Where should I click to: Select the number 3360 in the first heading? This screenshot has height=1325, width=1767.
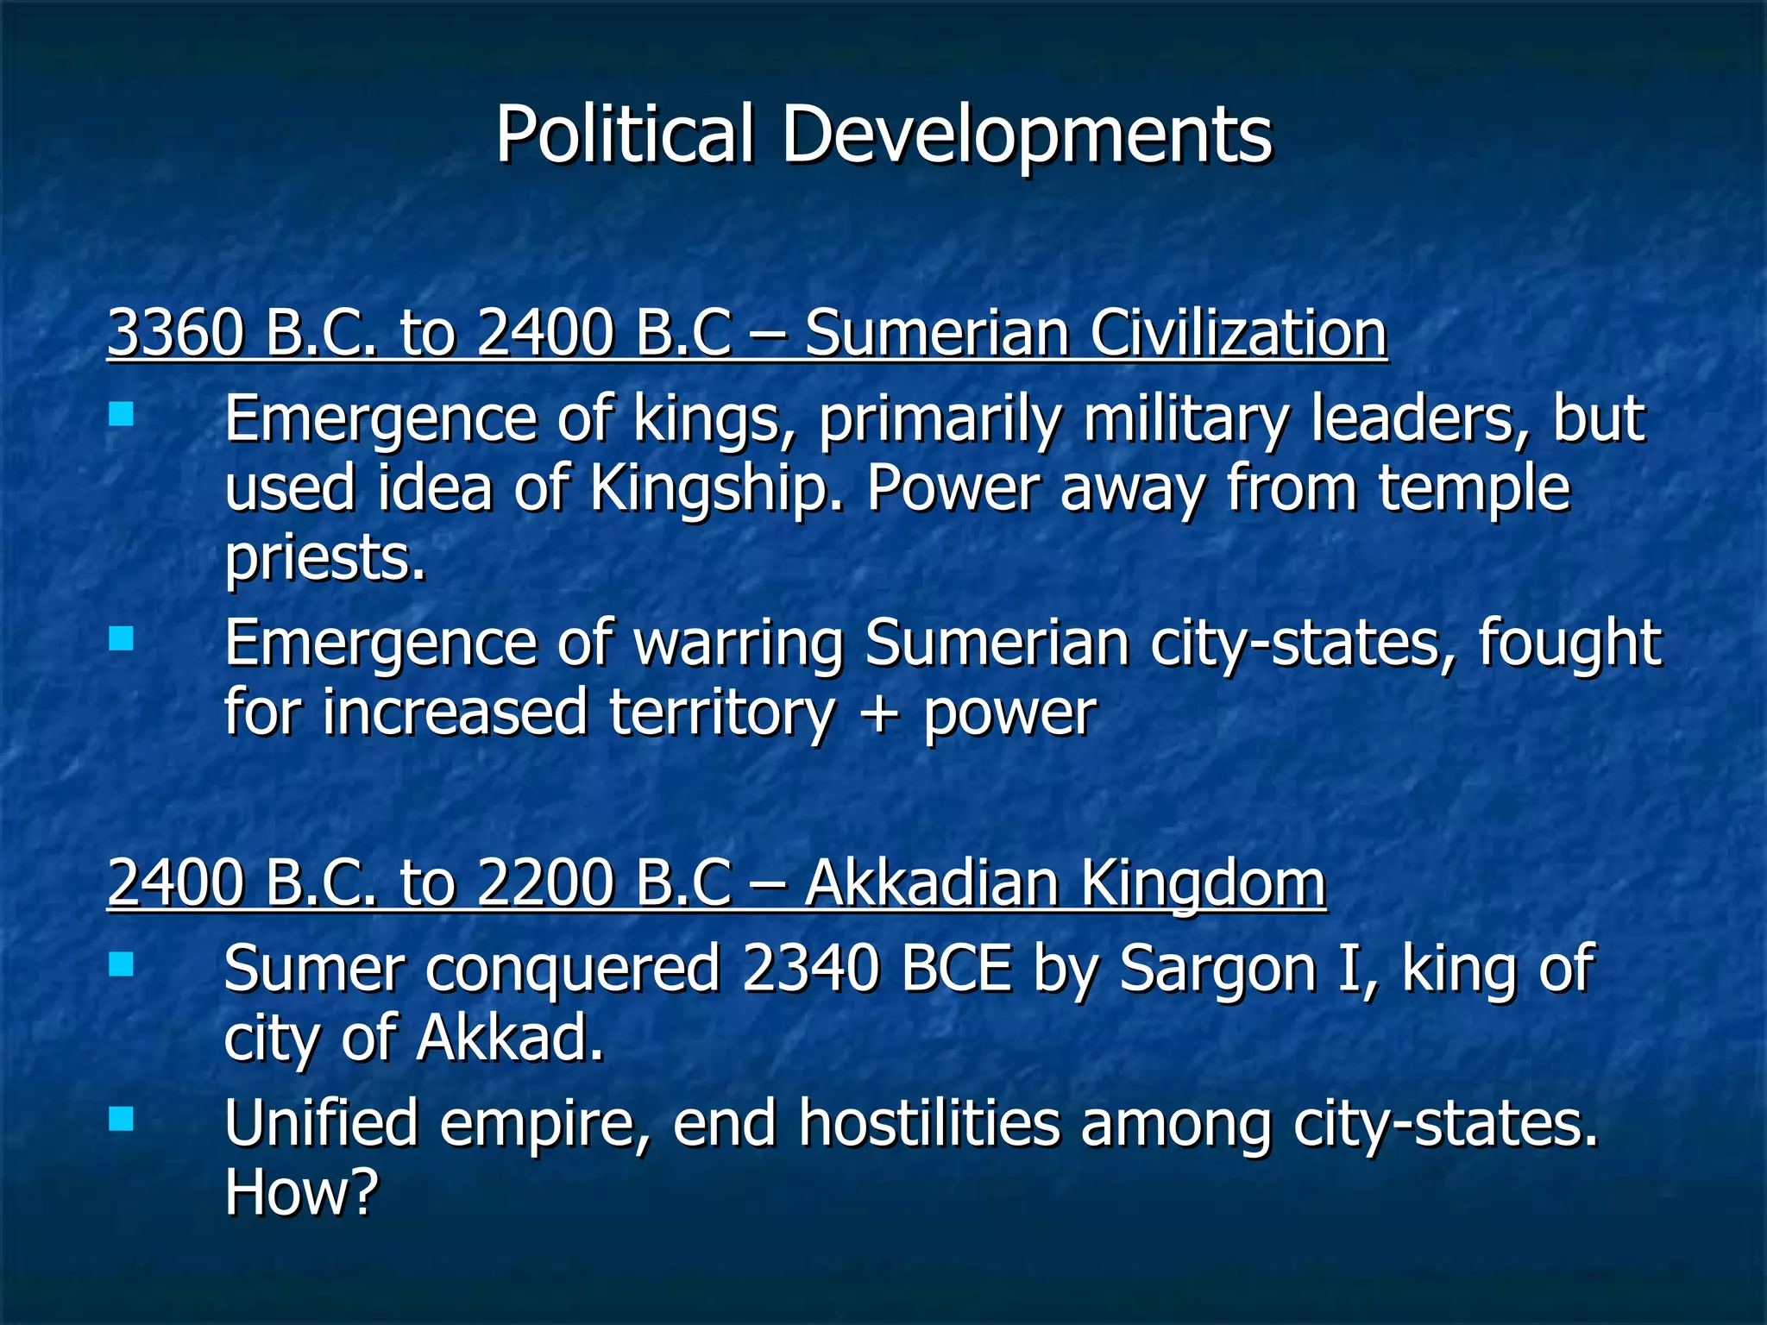point(176,333)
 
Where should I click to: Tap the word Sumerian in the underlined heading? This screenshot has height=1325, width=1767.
point(936,333)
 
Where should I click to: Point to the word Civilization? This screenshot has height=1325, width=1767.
point(1238,333)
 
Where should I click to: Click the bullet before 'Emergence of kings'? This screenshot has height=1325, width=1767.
point(122,415)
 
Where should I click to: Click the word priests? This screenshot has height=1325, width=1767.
point(325,557)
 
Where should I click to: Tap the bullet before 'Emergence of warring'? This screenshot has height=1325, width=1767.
point(122,639)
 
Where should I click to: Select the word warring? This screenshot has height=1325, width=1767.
point(739,643)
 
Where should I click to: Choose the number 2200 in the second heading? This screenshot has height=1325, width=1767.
point(544,883)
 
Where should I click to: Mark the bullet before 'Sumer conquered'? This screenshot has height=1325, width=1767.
point(122,964)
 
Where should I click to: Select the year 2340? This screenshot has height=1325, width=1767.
point(810,968)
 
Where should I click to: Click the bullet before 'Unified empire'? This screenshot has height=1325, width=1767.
point(122,1120)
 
